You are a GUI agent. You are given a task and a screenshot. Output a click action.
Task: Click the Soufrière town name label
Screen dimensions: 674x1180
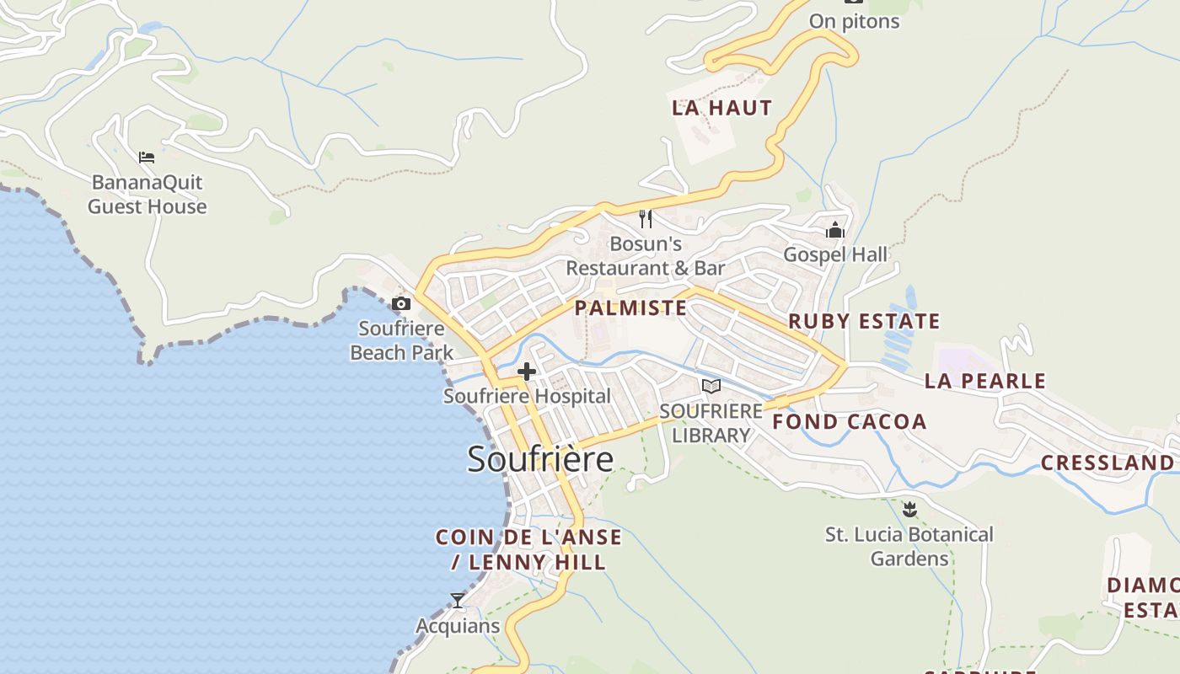coord(540,459)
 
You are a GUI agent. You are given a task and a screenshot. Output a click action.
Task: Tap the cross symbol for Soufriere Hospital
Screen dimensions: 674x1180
coord(527,371)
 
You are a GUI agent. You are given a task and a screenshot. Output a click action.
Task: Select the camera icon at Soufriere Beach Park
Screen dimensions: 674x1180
coord(401,303)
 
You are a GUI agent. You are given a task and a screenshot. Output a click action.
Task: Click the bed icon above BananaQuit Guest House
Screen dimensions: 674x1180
coord(147,157)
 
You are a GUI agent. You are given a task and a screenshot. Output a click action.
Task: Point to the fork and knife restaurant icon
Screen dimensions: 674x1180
coord(646,219)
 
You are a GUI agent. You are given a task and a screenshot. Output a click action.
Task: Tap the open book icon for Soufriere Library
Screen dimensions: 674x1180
coord(711,386)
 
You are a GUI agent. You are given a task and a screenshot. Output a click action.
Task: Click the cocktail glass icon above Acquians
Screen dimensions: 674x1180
coord(458,601)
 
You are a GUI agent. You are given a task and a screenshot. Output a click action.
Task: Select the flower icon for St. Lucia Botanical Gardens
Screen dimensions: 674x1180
coord(909,509)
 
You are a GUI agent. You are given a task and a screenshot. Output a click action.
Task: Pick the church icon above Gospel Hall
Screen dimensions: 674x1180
coord(835,230)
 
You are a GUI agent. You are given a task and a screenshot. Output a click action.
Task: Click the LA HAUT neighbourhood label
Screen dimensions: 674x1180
coord(721,108)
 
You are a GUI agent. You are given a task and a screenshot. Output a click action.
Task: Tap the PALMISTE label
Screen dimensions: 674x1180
coord(630,308)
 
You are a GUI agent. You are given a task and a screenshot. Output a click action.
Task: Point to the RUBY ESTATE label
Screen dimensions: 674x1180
coord(864,321)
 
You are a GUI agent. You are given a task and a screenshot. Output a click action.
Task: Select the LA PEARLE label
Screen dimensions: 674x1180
coord(984,381)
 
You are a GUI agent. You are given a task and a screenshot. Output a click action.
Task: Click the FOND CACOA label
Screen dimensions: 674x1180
coord(850,422)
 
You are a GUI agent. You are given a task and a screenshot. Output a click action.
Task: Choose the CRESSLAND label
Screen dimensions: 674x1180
coord(1107,463)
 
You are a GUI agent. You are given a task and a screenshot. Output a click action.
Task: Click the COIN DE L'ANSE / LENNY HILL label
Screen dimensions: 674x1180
coord(528,549)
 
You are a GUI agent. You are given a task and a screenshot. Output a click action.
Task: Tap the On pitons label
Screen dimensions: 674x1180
coord(854,21)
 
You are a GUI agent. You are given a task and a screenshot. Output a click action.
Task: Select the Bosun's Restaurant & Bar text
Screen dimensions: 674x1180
coord(646,256)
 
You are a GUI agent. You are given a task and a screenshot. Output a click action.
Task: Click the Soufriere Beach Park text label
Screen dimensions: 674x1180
coord(402,340)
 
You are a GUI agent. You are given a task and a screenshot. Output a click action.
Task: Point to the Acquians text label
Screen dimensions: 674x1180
coord(458,626)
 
